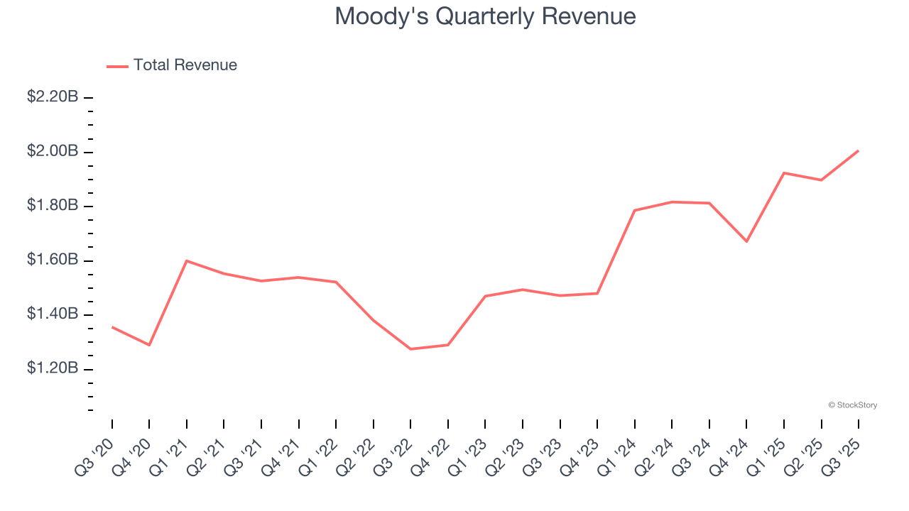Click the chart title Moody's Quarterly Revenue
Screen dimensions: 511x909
click(485, 16)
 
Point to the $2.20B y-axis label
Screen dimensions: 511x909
click(53, 97)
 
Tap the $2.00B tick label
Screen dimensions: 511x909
click(53, 151)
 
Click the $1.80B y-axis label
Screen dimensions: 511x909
click(53, 206)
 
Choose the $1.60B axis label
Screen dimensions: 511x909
click(53, 260)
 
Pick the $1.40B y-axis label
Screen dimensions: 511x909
click(53, 314)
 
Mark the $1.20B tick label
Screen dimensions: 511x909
click(53, 369)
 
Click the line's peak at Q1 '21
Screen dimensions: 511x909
click(187, 260)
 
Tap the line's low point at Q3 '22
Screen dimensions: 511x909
click(410, 349)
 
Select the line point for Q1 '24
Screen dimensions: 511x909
click(634, 210)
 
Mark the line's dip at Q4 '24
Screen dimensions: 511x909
click(746, 241)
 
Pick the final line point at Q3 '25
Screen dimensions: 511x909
click(858, 150)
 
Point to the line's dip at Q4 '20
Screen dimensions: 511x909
click(149, 345)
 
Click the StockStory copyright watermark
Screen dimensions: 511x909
click(852, 405)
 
